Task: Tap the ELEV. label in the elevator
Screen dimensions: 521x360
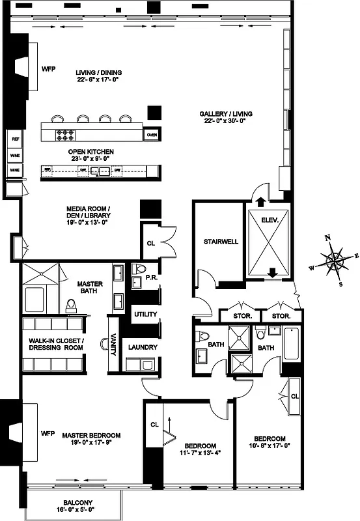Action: point(270,220)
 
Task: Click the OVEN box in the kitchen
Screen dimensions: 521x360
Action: point(152,135)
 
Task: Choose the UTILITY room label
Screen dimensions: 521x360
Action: point(146,315)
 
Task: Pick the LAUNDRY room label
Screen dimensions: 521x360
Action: point(143,347)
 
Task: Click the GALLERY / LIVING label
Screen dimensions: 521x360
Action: point(226,117)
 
